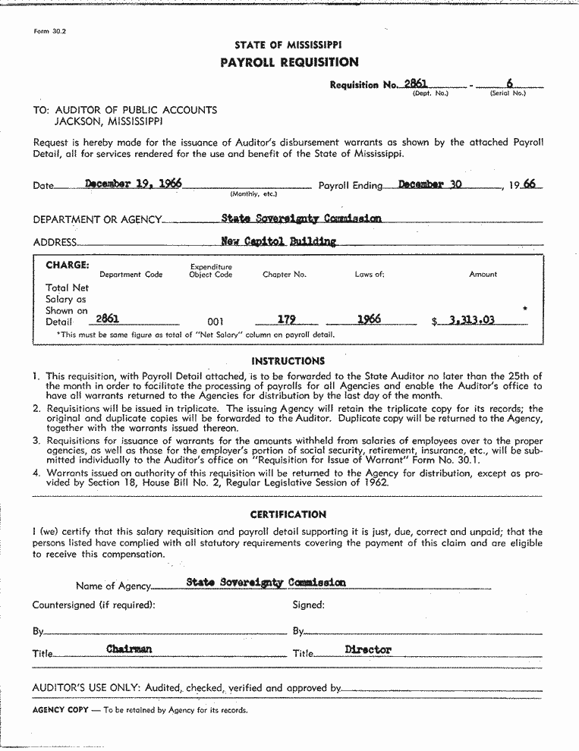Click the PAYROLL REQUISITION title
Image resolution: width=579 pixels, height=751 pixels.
pos(289,62)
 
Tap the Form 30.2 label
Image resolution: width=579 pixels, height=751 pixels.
pos(51,31)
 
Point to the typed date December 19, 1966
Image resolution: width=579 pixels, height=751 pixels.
pos(133,184)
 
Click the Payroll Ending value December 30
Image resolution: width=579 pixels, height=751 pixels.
pos(430,184)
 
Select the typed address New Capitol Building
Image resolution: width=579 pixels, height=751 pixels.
pos(278,241)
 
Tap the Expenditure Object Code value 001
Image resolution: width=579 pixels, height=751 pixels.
pos(216,322)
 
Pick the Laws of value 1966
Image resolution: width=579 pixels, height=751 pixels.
pos(369,319)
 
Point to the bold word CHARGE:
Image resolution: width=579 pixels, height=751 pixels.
pos(68,266)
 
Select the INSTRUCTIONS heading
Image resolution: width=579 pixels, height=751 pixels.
pos(288,361)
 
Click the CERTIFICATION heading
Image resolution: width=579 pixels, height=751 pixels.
pos(288,514)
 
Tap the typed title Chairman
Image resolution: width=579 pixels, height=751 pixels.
pos(129,649)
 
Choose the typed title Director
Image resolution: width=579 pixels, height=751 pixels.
pos(368,649)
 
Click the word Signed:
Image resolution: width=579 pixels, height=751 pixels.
pos(308,605)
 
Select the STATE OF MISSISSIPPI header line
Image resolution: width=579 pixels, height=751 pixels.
pos(288,46)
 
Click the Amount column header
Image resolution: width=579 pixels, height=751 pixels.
pos(483,275)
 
